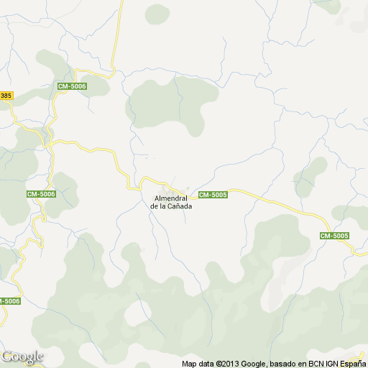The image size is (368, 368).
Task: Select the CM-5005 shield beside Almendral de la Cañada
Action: click(x=213, y=195)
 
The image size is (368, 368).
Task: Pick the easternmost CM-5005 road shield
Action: click(x=334, y=236)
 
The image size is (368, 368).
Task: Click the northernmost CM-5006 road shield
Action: click(x=73, y=86)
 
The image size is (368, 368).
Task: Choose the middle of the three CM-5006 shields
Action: click(x=42, y=194)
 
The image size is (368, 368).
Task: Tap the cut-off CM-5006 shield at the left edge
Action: click(x=9, y=300)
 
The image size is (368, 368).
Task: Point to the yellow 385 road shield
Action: click(x=6, y=96)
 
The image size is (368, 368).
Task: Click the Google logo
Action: click(x=22, y=356)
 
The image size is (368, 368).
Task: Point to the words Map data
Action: click(x=198, y=364)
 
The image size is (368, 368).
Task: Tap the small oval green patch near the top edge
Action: click(x=156, y=14)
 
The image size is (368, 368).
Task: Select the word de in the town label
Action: click(x=154, y=206)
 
